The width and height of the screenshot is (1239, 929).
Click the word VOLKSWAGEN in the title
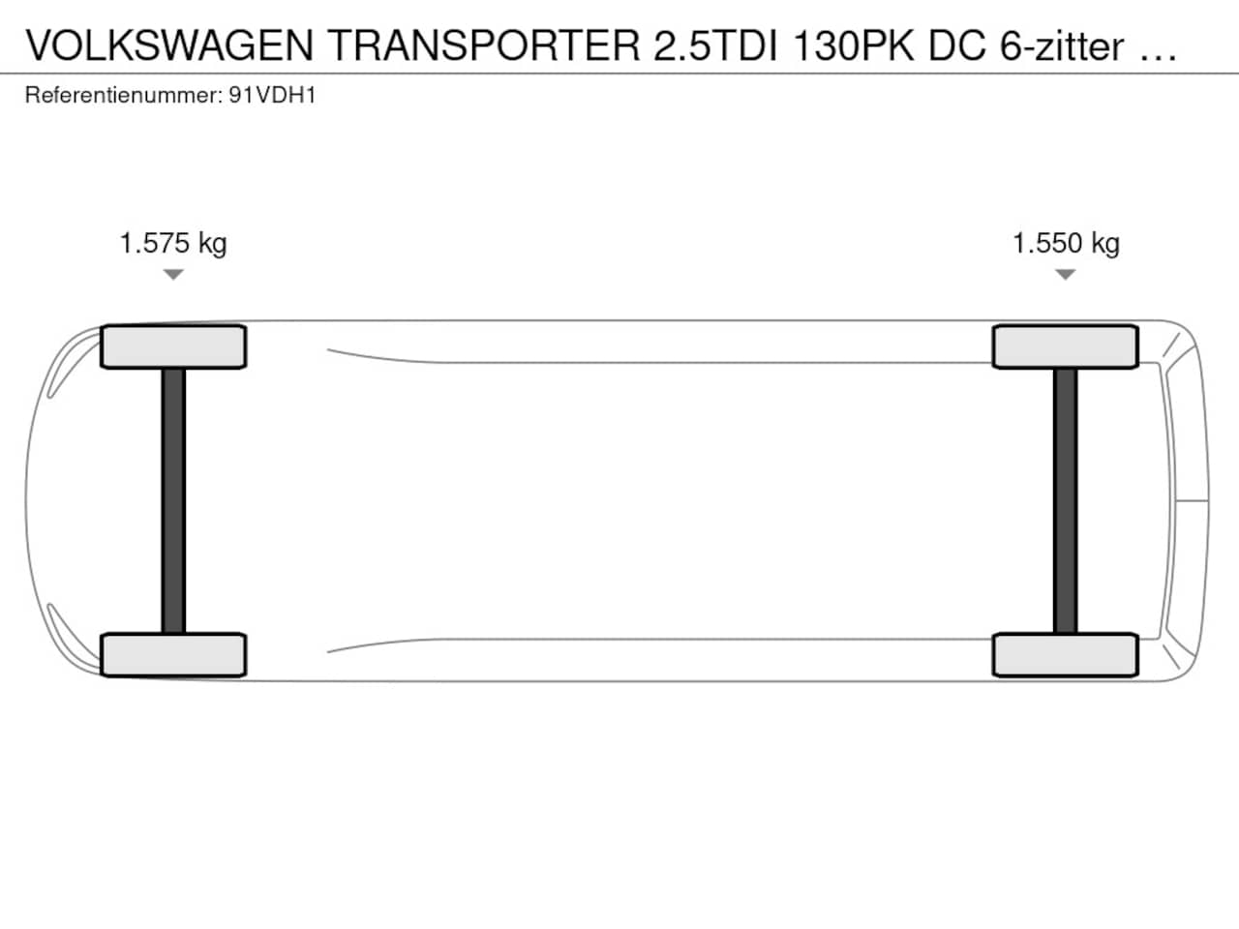pos(169,45)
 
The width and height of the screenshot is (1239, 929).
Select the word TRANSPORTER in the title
pos(484,45)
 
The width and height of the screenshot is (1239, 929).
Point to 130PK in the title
pos(853,45)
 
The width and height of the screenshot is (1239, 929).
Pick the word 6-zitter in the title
pos(1062,45)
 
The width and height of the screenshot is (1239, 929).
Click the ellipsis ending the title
pos(1157,57)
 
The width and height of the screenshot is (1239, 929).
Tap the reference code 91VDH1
pos(272,96)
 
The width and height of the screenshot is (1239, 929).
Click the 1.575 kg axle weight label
pos(173,244)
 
